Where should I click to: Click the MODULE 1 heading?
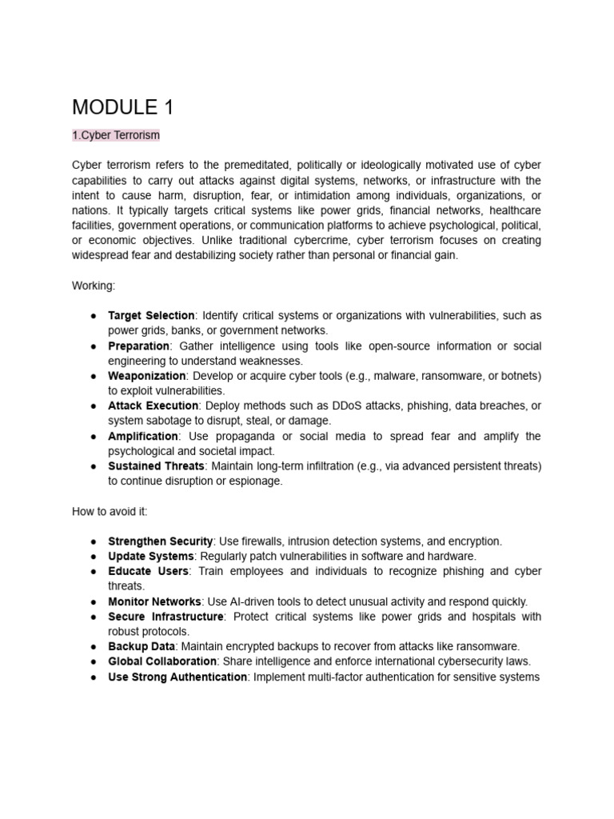click(x=122, y=107)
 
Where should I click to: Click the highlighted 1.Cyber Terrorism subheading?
click(x=116, y=135)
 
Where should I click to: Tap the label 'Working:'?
click(x=94, y=286)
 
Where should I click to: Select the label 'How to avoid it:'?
click(x=110, y=511)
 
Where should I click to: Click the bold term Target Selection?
click(x=151, y=316)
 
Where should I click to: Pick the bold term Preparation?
click(x=138, y=346)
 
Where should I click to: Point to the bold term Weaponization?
click(x=147, y=376)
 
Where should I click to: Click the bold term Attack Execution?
click(x=153, y=406)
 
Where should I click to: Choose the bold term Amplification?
click(x=143, y=436)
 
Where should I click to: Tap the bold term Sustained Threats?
click(x=156, y=465)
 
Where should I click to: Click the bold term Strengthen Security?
click(x=160, y=541)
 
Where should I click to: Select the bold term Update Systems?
click(x=150, y=556)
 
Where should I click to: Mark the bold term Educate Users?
click(x=148, y=571)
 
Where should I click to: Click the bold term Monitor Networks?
click(x=154, y=601)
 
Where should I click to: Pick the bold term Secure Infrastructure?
click(x=165, y=617)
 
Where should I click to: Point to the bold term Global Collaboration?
click(x=162, y=661)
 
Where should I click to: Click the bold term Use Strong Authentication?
click(x=177, y=677)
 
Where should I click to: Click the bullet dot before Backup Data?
click(x=94, y=646)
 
